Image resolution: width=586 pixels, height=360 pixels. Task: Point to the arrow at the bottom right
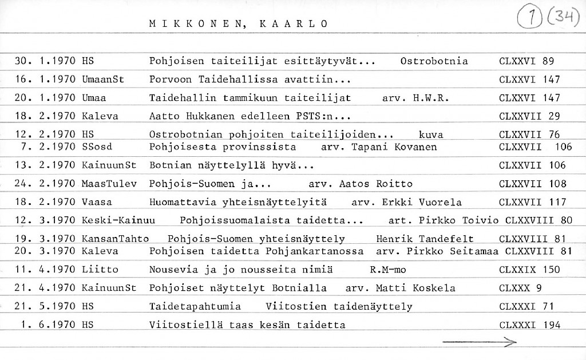pos(480,342)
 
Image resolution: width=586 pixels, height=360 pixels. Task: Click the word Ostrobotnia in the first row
pos(434,61)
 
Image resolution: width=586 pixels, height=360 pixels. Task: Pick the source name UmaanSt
pos(103,80)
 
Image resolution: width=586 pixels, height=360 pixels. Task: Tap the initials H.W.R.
pos(429,98)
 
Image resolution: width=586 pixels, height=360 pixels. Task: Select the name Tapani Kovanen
pos(395,147)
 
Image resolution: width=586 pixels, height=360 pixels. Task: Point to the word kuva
pos(431,135)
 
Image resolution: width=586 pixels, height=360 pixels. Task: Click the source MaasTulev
pos(108,184)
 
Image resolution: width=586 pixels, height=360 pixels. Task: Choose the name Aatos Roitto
pos(375,184)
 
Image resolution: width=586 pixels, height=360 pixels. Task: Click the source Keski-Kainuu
pos(118,220)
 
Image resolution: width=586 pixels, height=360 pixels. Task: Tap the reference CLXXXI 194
pos(529,325)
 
